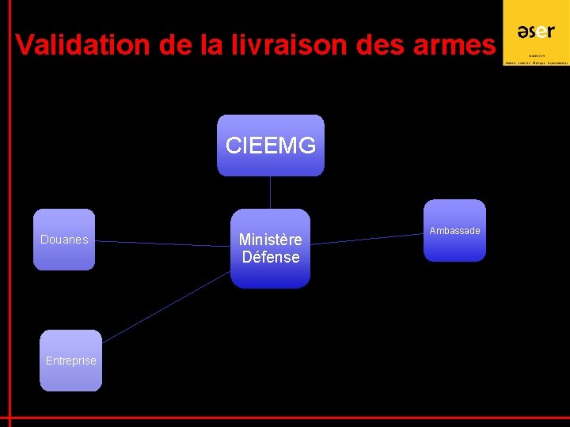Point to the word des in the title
pos(378,45)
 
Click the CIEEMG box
pos(271,145)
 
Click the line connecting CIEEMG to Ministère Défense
pos(271,192)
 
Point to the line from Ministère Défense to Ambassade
pos(367,239)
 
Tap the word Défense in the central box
pos(271,257)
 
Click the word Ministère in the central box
pos(271,240)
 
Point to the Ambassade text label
pos(454,230)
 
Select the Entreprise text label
pos(71,361)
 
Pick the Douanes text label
pos(64,240)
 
